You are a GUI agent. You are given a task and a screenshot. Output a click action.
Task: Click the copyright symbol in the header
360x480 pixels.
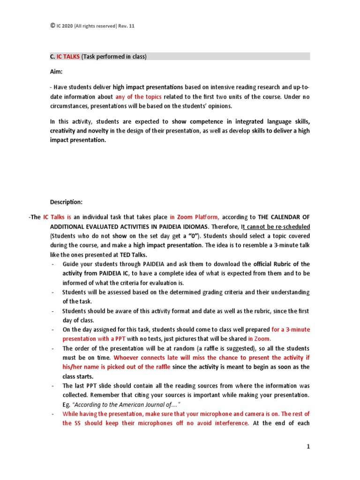(x=52, y=26)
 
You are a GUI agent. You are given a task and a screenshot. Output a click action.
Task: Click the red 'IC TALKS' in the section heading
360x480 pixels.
(x=68, y=57)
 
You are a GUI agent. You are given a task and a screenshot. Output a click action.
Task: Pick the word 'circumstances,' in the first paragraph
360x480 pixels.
(x=68, y=105)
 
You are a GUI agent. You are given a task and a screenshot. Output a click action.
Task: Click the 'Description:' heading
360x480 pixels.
(x=66, y=202)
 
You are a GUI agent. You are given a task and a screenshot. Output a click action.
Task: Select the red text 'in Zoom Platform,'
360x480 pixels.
(x=194, y=217)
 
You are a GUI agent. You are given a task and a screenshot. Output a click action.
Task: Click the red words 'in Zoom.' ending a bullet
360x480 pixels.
(x=260, y=338)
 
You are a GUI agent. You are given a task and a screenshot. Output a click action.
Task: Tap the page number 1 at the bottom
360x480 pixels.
(x=308, y=447)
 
